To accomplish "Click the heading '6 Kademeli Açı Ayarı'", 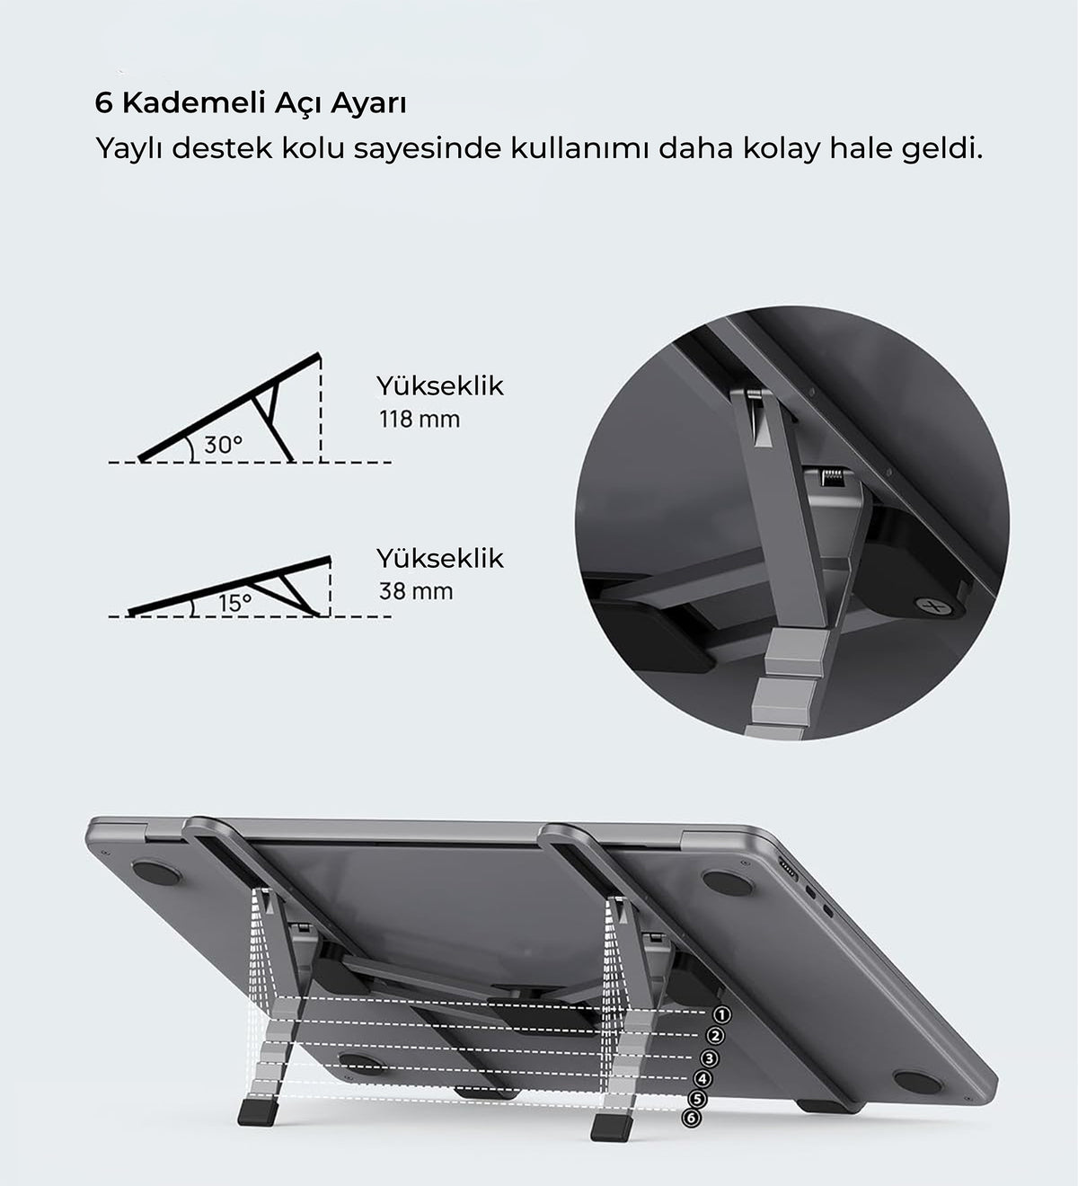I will (251, 103).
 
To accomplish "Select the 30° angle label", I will (223, 445).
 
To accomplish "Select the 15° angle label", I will (234, 604).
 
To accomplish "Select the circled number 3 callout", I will (711, 1059).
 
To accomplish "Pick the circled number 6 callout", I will (690, 1119).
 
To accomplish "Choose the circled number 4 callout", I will (704, 1078).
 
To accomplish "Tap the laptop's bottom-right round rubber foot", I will (913, 1083).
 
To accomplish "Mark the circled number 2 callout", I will (716, 1036).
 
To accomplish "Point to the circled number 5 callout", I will (696, 1099).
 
